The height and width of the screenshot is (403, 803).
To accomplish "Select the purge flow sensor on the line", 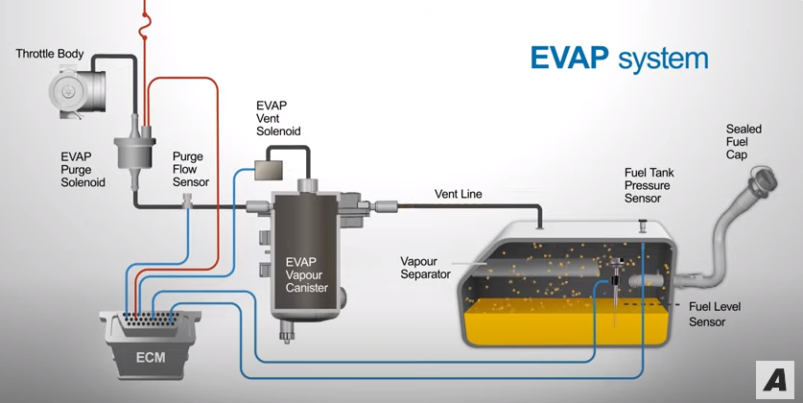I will pyautogui.click(x=187, y=201).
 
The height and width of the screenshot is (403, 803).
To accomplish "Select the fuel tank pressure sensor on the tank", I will pyautogui.click(x=642, y=226).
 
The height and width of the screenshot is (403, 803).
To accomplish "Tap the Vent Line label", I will pyautogui.click(x=458, y=194).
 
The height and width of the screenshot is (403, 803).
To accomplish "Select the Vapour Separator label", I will pyautogui.click(x=425, y=267).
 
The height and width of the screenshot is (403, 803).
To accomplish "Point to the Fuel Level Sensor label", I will pyautogui.click(x=715, y=314).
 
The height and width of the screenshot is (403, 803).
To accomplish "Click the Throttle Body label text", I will pyautogui.click(x=50, y=53).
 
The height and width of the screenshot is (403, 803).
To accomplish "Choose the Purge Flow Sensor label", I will pyautogui.click(x=190, y=168).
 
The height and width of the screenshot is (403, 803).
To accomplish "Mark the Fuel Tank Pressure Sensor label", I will pyautogui.click(x=648, y=185).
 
